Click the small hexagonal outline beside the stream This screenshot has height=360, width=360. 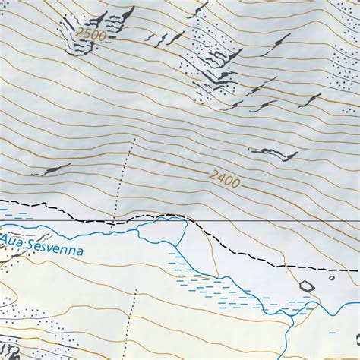(307, 286)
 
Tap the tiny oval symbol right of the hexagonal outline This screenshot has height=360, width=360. (331, 277)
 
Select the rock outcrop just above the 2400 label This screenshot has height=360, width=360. (273, 153)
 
